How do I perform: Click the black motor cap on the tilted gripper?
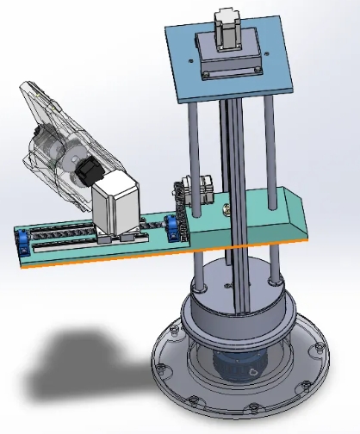(86, 170)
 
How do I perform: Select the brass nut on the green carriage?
(228, 207)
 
